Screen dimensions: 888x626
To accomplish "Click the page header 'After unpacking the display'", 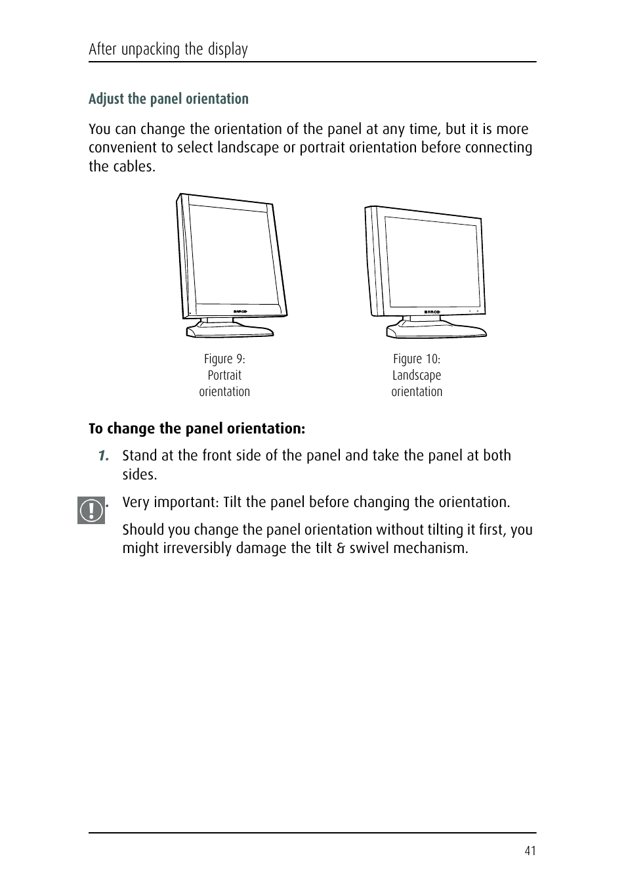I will (x=168, y=49).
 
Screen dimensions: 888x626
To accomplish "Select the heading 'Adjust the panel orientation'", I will (x=169, y=99).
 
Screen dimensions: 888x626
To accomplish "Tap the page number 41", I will (x=530, y=851).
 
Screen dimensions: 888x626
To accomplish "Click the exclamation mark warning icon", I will (x=91, y=510).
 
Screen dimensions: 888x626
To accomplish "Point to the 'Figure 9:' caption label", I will (x=224, y=359).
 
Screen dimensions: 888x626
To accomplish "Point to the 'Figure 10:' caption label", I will (x=417, y=359).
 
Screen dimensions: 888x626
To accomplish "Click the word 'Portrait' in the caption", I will (x=224, y=376).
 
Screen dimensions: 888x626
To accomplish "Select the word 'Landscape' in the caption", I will (x=417, y=376).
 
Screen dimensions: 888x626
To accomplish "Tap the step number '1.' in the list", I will (x=103, y=456).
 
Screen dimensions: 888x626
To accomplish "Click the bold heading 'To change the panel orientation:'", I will (x=197, y=429).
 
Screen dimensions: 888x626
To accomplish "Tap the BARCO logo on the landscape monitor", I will (x=432, y=312).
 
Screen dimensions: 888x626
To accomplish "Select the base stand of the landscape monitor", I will (x=436, y=329).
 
